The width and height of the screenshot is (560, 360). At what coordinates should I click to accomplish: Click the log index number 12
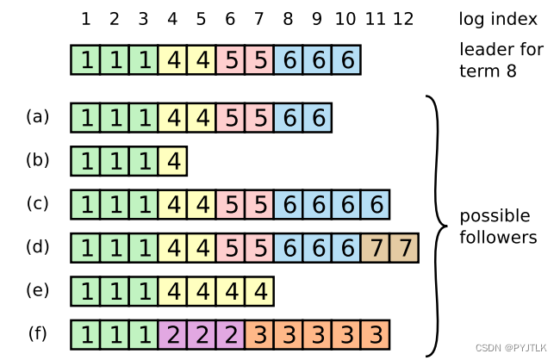click(x=403, y=19)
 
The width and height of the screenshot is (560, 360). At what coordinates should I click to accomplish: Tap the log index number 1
click(x=85, y=19)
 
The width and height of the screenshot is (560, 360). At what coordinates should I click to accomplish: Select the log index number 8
click(x=288, y=19)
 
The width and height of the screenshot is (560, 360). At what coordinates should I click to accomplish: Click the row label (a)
click(x=37, y=116)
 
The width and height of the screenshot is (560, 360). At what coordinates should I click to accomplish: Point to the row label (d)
click(x=37, y=246)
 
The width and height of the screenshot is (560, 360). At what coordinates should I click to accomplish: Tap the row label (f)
click(x=37, y=333)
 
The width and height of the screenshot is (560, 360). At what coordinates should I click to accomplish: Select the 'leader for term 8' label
click(x=501, y=60)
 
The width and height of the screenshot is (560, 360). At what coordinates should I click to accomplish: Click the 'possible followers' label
click(x=498, y=226)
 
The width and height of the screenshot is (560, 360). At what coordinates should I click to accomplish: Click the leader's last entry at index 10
click(x=346, y=61)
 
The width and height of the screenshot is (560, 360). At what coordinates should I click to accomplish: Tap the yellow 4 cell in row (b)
click(x=172, y=161)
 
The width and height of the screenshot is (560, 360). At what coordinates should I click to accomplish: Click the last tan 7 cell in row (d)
click(x=404, y=248)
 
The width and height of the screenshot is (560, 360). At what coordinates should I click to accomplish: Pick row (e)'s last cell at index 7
click(x=259, y=291)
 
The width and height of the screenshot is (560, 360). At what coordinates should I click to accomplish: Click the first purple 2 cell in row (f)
click(x=172, y=334)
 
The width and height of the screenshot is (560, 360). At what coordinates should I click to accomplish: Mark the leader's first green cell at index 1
click(x=85, y=61)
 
